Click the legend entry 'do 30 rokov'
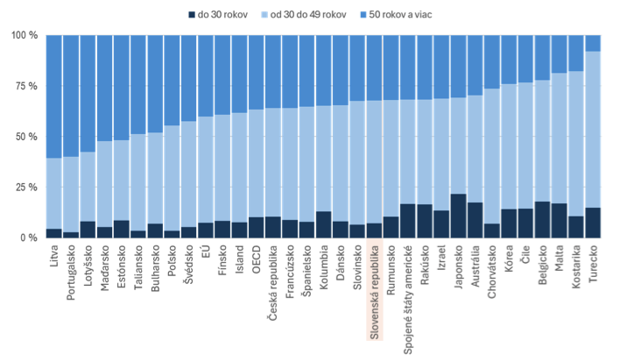coord(215,15)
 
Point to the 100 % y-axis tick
coord(24,36)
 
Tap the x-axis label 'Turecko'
coord(593,264)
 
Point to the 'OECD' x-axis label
coord(256,259)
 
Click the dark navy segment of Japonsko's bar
coord(458,216)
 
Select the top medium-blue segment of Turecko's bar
coord(593,43)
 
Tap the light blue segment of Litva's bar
coord(54,193)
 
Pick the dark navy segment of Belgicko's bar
coord(542,220)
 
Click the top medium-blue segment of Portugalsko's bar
coord(71,96)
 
